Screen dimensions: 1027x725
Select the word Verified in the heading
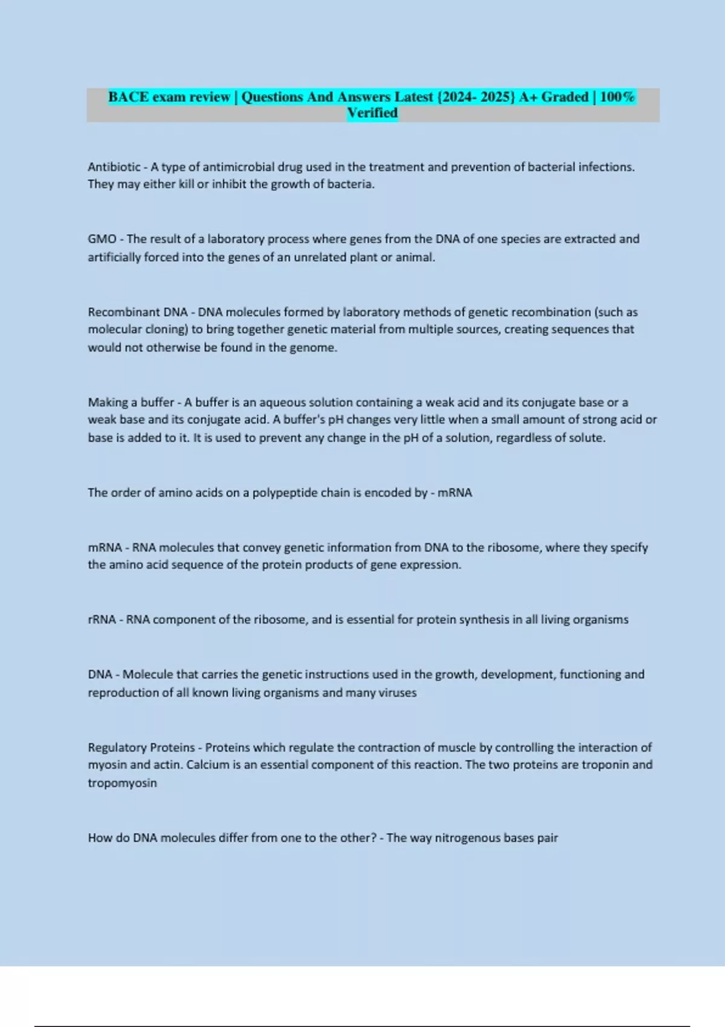[372, 113]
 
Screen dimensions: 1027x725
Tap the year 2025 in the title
[496, 97]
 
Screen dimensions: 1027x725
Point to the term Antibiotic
[114, 167]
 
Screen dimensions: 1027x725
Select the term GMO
[102, 239]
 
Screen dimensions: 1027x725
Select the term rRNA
[101, 620]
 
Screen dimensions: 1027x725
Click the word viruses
[398, 692]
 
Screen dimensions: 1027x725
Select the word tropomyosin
[122, 783]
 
